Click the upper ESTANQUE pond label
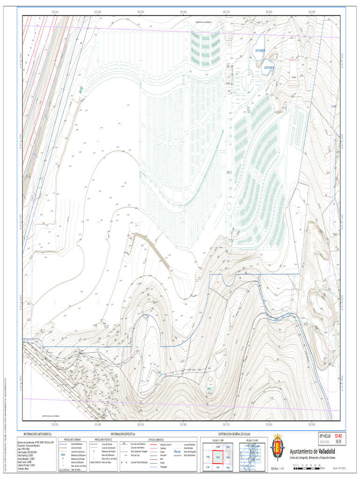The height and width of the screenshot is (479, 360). click(259, 50)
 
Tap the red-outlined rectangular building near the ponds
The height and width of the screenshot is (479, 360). click(294, 70)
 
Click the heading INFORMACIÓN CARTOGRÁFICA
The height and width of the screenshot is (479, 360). click(37, 435)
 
